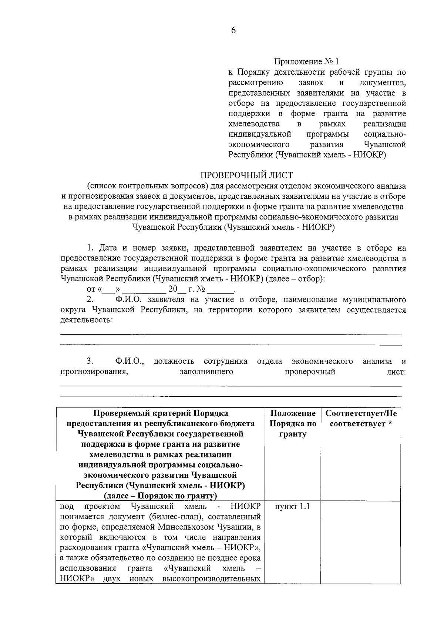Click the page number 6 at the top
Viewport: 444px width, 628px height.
point(233,31)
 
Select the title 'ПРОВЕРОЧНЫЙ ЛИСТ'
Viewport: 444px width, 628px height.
point(246,175)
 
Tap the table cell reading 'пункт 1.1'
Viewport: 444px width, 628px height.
point(292,507)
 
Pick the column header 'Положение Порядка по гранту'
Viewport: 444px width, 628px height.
point(292,424)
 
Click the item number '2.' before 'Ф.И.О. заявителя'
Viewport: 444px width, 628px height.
point(90,299)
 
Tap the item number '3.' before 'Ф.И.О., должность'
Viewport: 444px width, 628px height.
point(90,361)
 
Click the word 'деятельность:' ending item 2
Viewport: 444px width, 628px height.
point(86,320)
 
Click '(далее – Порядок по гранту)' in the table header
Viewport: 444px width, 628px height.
point(160,496)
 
